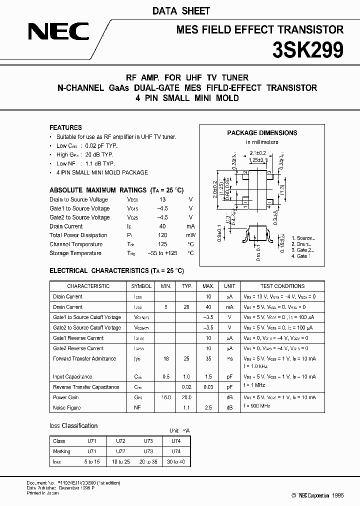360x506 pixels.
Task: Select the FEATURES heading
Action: [65, 127]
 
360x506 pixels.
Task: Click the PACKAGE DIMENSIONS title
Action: [262, 133]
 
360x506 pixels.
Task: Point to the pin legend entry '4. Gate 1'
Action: [300, 256]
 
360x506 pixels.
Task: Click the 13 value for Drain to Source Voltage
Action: [162, 199]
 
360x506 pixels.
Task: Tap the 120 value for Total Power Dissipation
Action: [162, 235]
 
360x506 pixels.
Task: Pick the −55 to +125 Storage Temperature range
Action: [163, 253]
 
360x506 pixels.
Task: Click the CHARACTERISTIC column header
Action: [88, 286]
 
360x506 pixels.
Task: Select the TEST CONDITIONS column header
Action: [282, 286]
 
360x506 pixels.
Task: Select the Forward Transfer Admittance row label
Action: [84, 358]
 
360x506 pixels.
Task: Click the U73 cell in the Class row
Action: [148, 441]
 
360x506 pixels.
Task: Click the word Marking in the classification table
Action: [61, 451]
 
